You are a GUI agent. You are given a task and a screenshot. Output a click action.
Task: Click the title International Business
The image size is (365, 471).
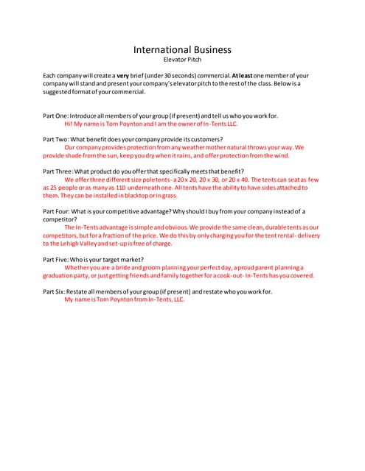tap(182, 50)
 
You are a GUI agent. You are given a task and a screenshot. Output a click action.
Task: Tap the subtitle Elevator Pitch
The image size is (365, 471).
tap(182, 60)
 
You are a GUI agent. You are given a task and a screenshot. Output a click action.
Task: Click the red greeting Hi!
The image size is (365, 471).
tap(69, 124)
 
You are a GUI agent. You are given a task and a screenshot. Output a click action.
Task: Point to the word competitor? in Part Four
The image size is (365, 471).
tap(60, 219)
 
